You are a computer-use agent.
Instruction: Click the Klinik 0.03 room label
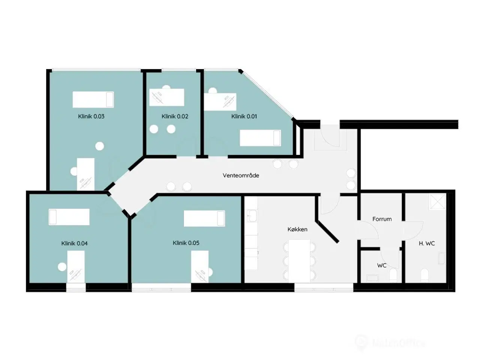pyautogui.click(x=91, y=116)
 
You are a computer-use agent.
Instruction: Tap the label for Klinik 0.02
pyautogui.click(x=175, y=116)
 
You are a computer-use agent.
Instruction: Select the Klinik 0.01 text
pyautogui.click(x=244, y=116)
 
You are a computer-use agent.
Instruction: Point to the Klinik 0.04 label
pyautogui.click(x=74, y=243)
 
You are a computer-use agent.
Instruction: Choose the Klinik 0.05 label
pyautogui.click(x=186, y=243)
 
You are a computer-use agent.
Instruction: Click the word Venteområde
pyautogui.click(x=241, y=175)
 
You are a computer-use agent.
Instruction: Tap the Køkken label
pyautogui.click(x=297, y=229)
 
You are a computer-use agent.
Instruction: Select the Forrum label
pyautogui.click(x=382, y=219)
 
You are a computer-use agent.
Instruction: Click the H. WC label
pyautogui.click(x=427, y=243)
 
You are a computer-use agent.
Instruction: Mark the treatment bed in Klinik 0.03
pyautogui.click(x=93, y=99)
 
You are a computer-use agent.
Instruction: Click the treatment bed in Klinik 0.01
pyautogui.click(x=260, y=138)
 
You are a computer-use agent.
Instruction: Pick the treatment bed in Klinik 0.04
pyautogui.click(x=69, y=217)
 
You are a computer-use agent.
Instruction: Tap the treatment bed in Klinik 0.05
pyautogui.click(x=204, y=219)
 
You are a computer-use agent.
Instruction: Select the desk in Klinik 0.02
pyautogui.click(x=167, y=97)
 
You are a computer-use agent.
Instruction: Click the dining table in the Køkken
pyautogui.click(x=299, y=261)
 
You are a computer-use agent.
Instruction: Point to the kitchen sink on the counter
pyautogui.click(x=251, y=216)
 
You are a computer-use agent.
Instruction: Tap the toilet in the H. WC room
pyautogui.click(x=425, y=276)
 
